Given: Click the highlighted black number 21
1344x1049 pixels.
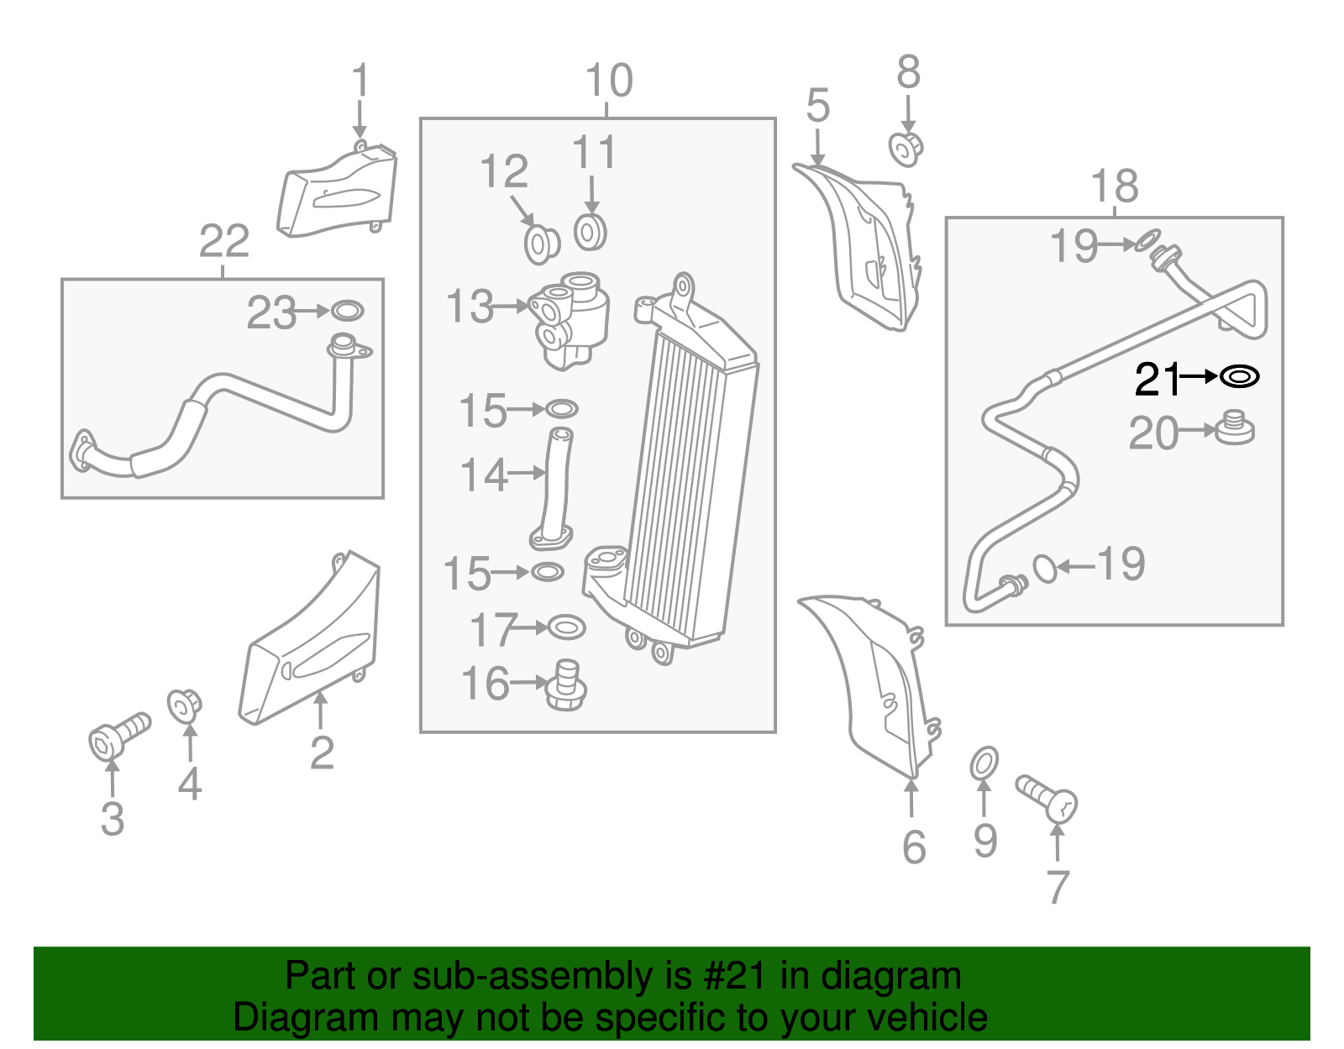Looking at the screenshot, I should (x=1157, y=379).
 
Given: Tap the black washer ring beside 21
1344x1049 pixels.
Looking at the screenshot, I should (x=1239, y=377).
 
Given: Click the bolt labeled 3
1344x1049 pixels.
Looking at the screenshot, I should (x=118, y=735).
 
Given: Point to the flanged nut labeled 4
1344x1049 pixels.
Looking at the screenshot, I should (x=184, y=705).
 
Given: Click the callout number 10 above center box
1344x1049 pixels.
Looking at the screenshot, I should (x=608, y=81).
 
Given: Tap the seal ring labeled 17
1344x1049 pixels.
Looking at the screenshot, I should (x=565, y=627).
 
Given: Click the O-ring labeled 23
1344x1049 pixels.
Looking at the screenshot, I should (x=347, y=311).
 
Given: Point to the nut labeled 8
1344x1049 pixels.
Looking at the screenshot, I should (x=906, y=149).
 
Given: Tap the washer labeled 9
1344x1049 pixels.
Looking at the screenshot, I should (x=984, y=763).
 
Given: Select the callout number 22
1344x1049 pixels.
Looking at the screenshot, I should (x=223, y=242).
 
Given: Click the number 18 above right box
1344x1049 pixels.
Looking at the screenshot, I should (x=1114, y=186).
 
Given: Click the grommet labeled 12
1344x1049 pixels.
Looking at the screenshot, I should (x=542, y=244).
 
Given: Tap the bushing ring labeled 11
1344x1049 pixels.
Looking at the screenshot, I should (x=591, y=233).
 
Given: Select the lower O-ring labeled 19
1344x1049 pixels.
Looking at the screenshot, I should (x=1044, y=568).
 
